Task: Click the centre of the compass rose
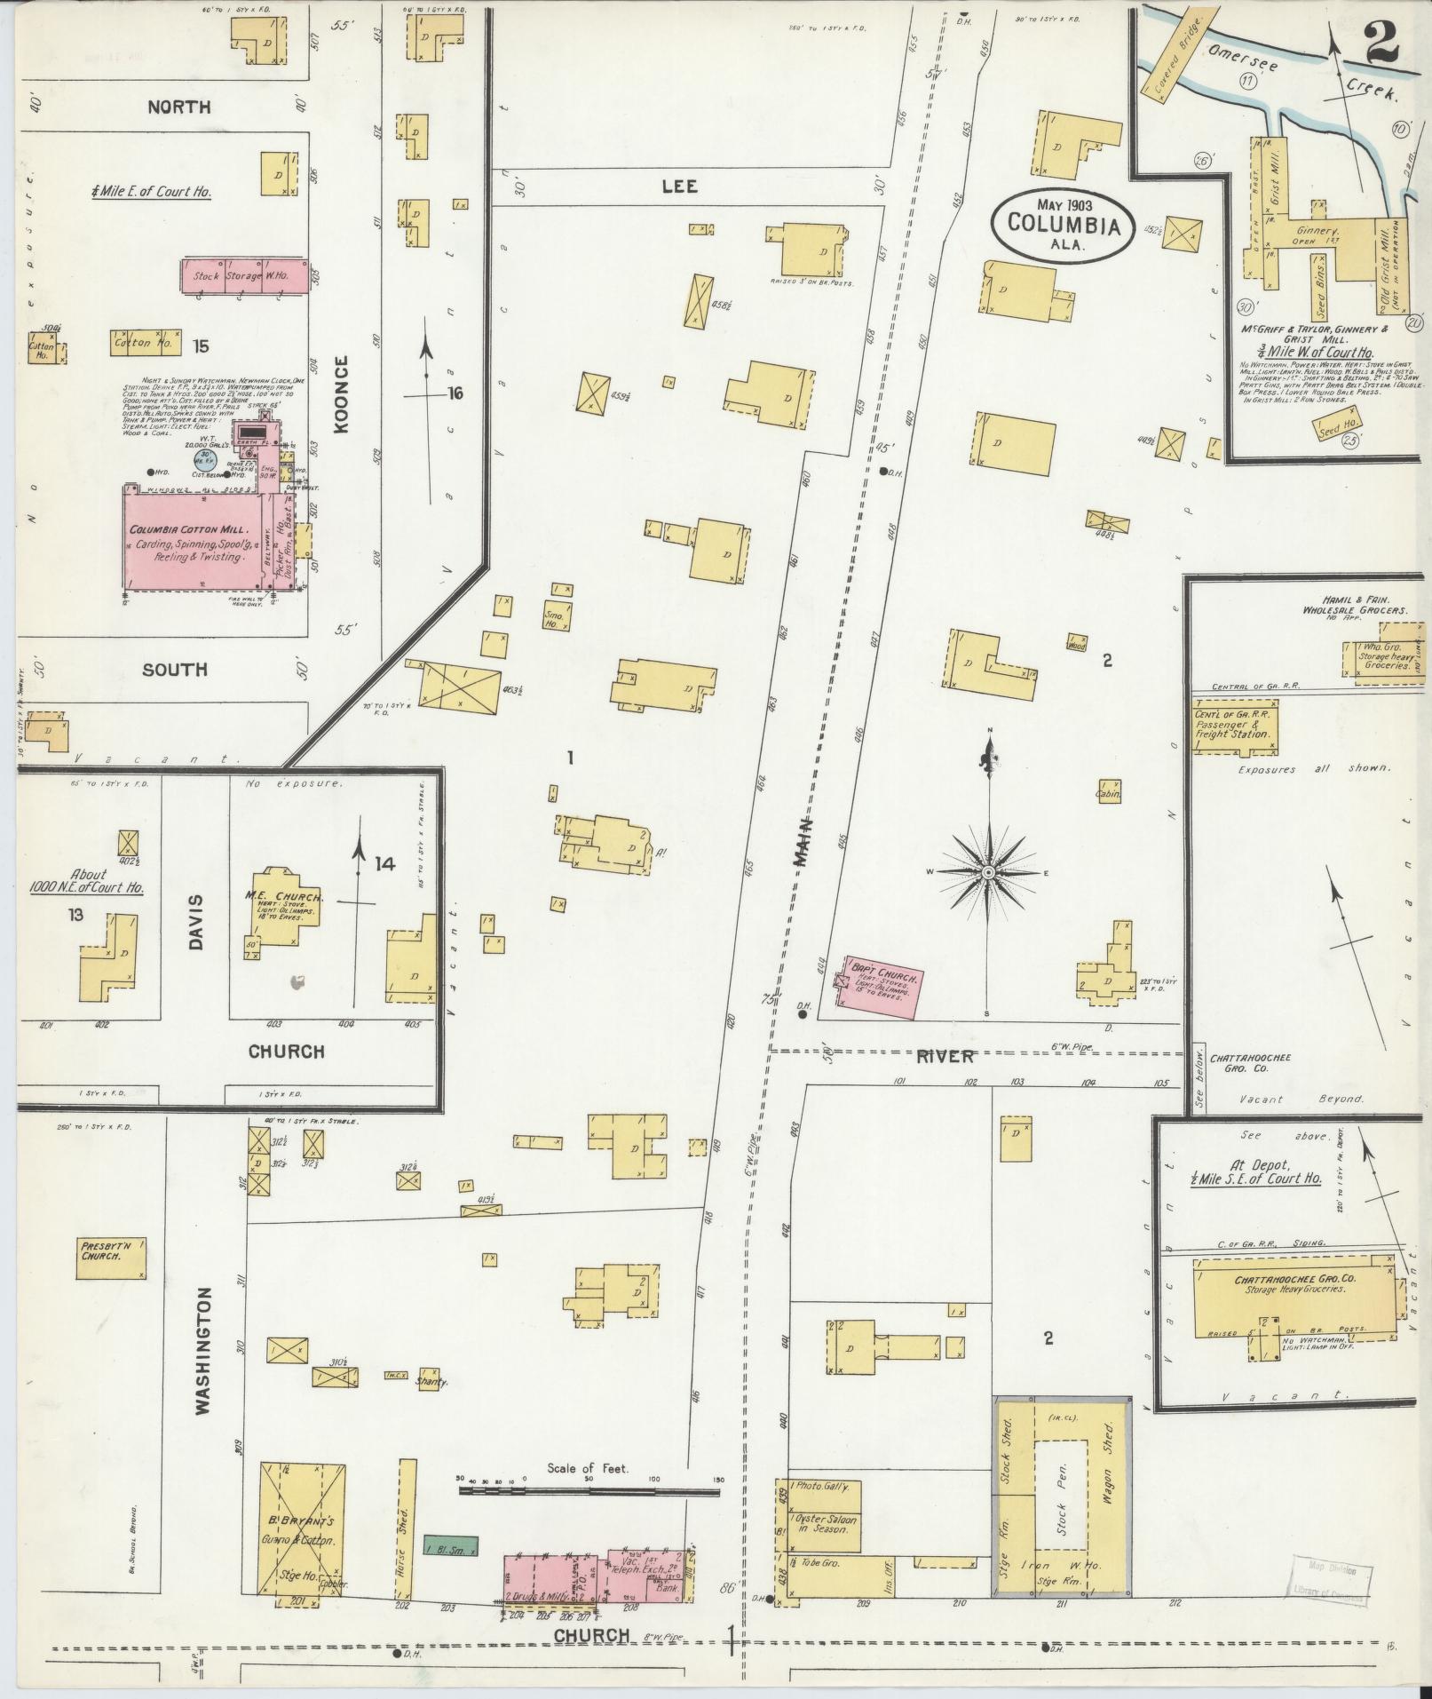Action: (986, 873)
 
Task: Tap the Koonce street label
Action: (342, 393)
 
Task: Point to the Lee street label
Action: (679, 187)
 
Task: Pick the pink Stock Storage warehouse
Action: (245, 274)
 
